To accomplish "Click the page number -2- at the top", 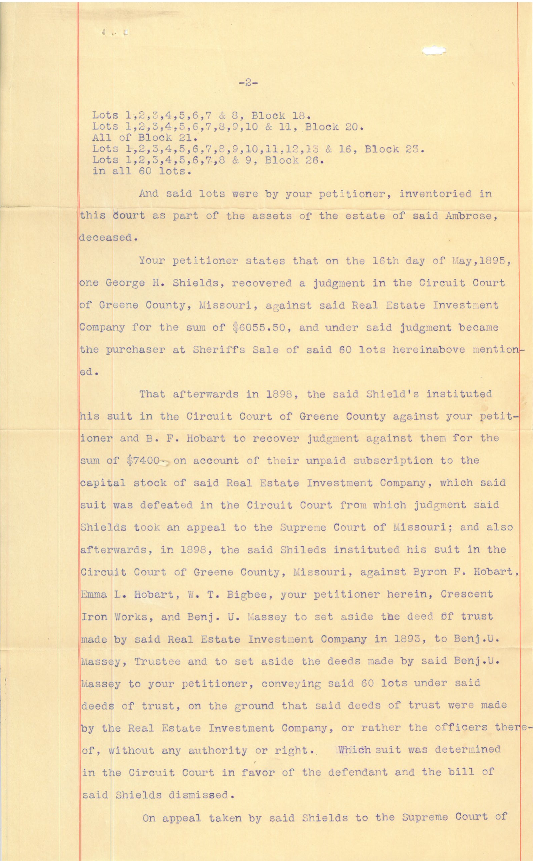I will point(248,83).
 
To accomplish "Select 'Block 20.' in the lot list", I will point(334,126).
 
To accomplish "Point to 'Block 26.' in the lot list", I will point(293,160).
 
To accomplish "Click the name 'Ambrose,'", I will point(467,216).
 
